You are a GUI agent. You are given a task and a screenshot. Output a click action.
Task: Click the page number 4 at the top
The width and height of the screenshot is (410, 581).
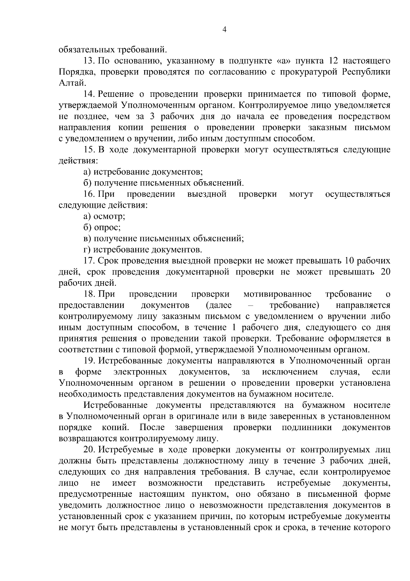click(x=224, y=29)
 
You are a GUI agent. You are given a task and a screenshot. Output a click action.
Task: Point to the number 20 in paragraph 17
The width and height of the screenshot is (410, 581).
click(x=385, y=272)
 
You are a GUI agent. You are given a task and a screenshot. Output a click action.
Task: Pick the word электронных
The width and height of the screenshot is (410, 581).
click(x=140, y=372)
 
